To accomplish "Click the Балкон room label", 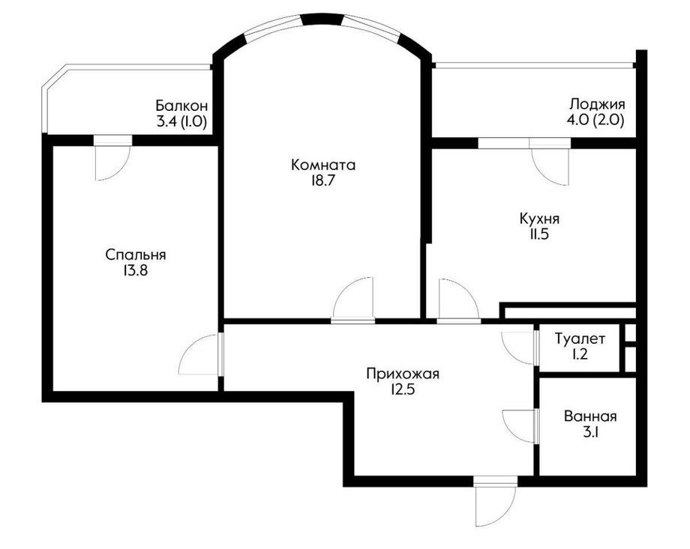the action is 181,106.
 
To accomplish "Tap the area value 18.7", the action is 323,181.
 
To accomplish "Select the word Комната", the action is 323,166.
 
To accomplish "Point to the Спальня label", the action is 136,255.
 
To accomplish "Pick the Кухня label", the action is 539,219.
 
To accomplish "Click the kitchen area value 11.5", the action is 539,234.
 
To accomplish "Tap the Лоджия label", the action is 597,105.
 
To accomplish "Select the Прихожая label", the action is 403,374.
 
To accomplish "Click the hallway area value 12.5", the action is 403,390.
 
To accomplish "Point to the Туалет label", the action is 580,339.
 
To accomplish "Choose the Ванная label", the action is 590,416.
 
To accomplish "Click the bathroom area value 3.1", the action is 590,432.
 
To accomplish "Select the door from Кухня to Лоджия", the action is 550,162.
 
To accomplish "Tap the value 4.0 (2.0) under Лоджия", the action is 597,121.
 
